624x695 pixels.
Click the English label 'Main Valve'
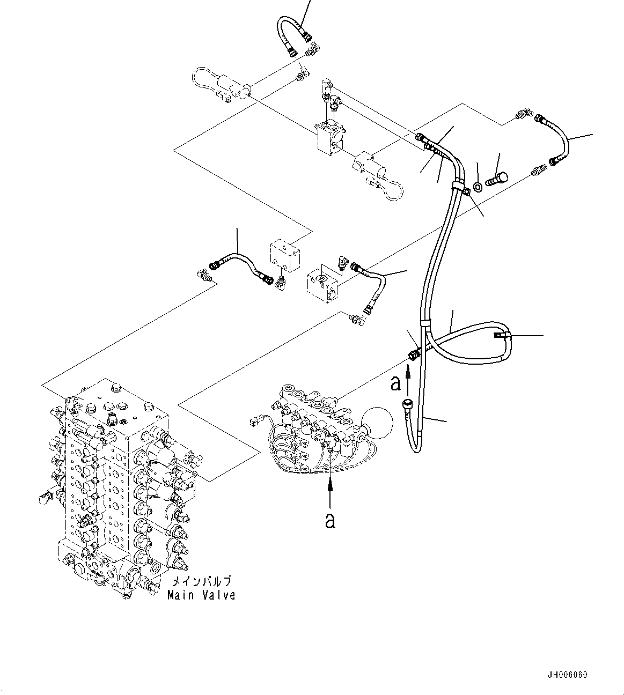201,595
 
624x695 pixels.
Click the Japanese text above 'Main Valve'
201,582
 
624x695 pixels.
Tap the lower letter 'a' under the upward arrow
331,520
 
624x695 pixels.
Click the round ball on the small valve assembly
378,423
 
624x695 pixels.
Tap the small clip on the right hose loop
500,336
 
